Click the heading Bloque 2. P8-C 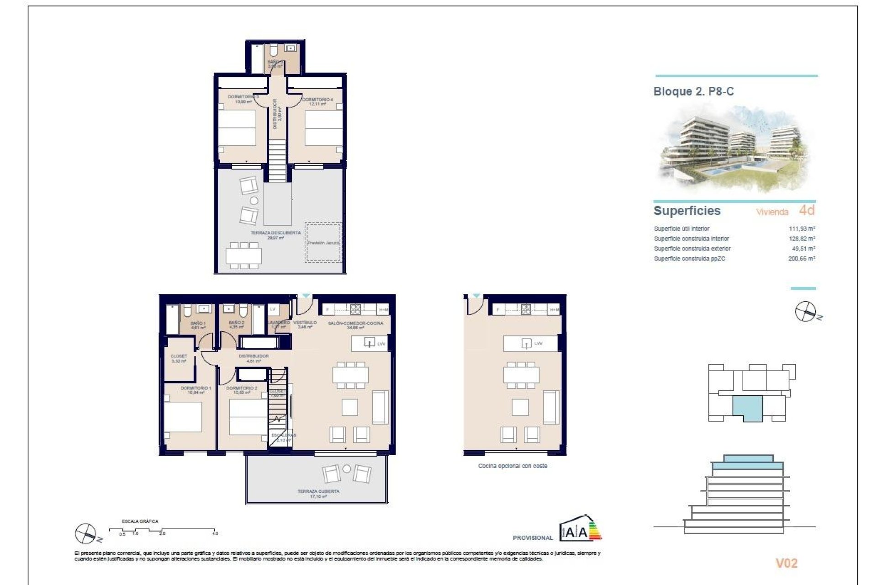pyautogui.click(x=693, y=91)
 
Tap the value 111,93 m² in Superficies pyautogui.click(x=802, y=229)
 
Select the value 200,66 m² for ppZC pyautogui.click(x=802, y=259)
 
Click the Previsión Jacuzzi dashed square pyautogui.click(x=323, y=243)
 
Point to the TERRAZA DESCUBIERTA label pyautogui.click(x=275, y=233)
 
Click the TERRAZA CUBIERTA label pyautogui.click(x=318, y=492)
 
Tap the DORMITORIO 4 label pyautogui.click(x=317, y=100)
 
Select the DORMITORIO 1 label pyautogui.click(x=195, y=388)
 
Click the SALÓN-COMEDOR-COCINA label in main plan pyautogui.click(x=355, y=324)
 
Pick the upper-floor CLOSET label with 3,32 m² pyautogui.click(x=179, y=356)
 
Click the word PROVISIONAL pyautogui.click(x=533, y=538)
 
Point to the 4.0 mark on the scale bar pyautogui.click(x=215, y=533)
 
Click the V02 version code pyautogui.click(x=786, y=563)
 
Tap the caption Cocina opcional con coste pyautogui.click(x=512, y=466)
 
